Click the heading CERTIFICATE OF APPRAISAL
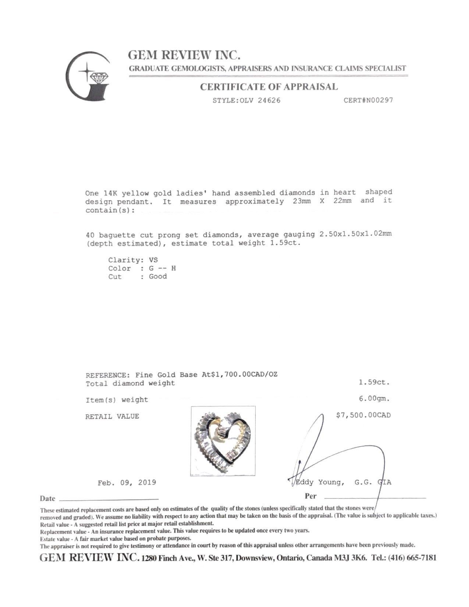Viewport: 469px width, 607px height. point(269,87)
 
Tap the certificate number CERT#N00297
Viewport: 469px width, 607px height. point(368,100)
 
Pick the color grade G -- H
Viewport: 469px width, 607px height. point(162,268)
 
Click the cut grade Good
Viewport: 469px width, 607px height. point(158,276)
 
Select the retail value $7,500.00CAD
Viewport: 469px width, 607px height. point(363,415)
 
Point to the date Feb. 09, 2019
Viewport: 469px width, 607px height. point(127,482)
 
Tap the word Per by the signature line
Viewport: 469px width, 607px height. point(310,496)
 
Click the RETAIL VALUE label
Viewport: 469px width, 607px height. point(112,416)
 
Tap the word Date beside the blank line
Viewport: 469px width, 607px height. point(47,498)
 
